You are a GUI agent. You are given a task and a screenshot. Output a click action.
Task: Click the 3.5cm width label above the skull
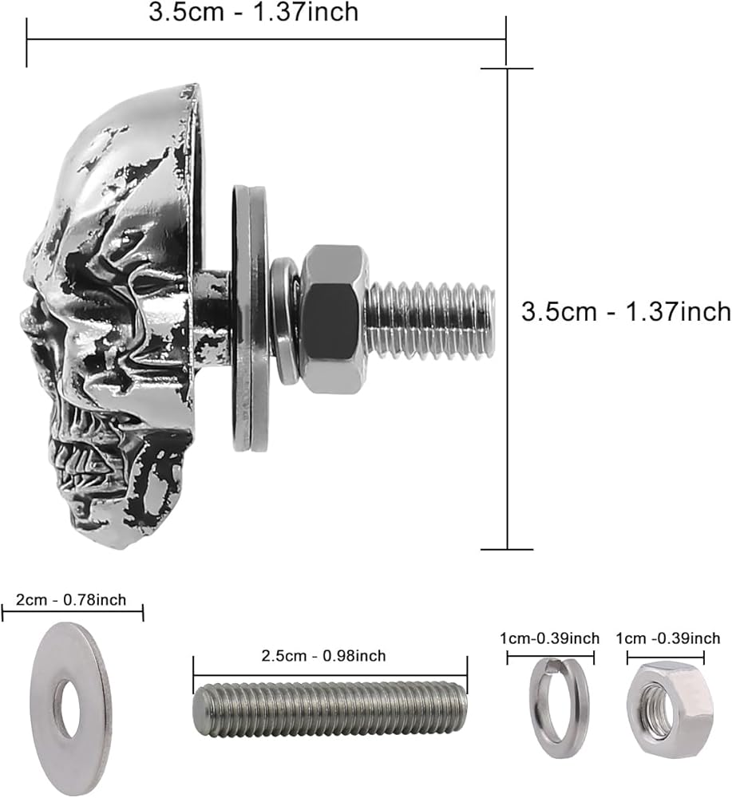click(x=254, y=12)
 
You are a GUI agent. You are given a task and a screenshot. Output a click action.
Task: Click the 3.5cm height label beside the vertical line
click(x=626, y=311)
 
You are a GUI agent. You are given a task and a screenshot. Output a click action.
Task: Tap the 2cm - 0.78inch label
click(x=71, y=599)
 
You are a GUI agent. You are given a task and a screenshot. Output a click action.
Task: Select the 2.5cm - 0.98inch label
click(x=323, y=655)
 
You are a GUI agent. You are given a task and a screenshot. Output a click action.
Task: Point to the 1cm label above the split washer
click(x=550, y=638)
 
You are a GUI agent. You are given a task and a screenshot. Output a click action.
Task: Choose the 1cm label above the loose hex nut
click(x=668, y=638)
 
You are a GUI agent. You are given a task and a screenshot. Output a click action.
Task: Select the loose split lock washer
click(x=559, y=707)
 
